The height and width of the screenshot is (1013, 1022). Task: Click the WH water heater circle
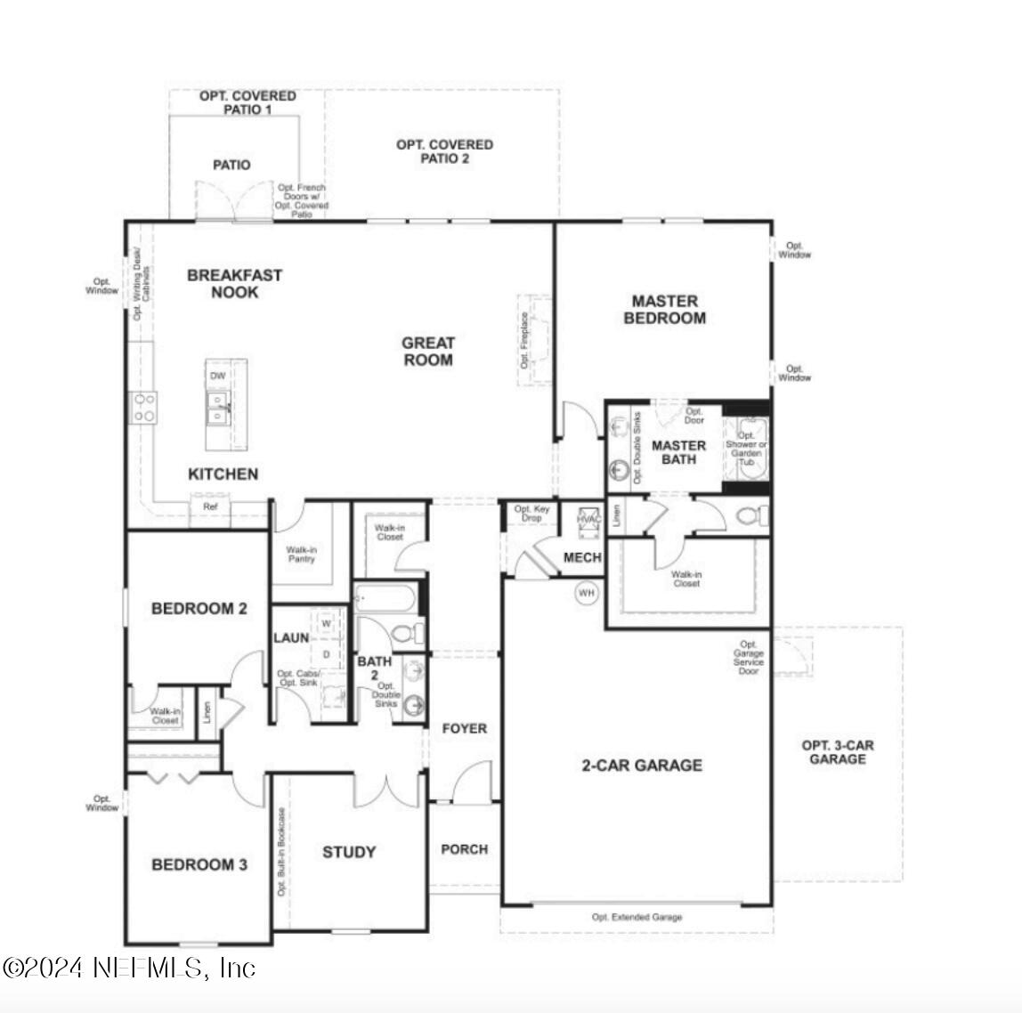586,593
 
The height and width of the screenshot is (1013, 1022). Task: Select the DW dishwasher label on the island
217,377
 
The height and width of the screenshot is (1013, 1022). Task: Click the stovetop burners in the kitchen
144,408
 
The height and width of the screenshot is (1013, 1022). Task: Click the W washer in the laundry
327,624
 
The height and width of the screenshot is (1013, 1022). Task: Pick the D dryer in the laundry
327,654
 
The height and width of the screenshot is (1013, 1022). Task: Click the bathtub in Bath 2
386,599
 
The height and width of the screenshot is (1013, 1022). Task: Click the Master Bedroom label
665,310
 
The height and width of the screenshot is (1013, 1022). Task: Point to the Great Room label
428,352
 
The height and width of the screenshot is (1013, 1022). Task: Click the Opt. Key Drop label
532,514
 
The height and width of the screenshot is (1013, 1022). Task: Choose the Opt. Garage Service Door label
749,658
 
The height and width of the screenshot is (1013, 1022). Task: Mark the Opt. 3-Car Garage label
837,752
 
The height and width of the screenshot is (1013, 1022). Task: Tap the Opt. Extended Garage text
637,918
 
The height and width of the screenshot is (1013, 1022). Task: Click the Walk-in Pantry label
301,554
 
